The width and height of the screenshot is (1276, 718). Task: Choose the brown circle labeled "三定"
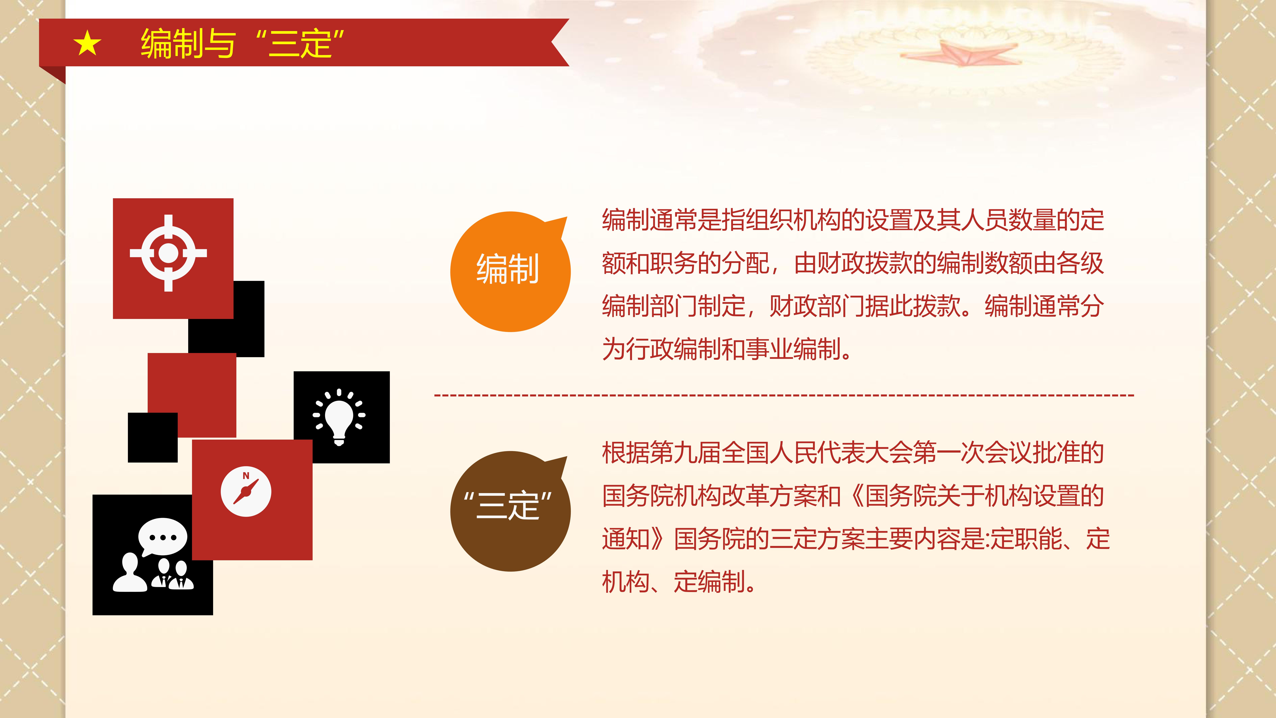tap(510, 511)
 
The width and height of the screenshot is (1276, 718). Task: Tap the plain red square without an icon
tap(192, 395)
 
